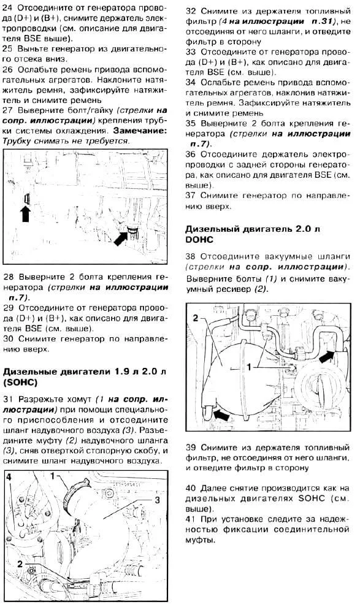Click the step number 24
click(8, 8)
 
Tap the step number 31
click(8, 399)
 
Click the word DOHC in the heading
click(199, 240)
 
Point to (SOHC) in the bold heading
click(20, 383)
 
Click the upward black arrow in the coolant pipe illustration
click(26, 213)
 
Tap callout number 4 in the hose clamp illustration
click(9, 477)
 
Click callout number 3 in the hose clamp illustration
click(157, 500)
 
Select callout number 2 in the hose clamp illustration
click(20, 564)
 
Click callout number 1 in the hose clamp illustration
click(54, 476)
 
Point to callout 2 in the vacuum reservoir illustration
click(196, 318)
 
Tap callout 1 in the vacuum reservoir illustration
click(249, 366)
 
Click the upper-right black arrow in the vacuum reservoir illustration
click(327, 355)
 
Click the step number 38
click(191, 256)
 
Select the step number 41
click(191, 519)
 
